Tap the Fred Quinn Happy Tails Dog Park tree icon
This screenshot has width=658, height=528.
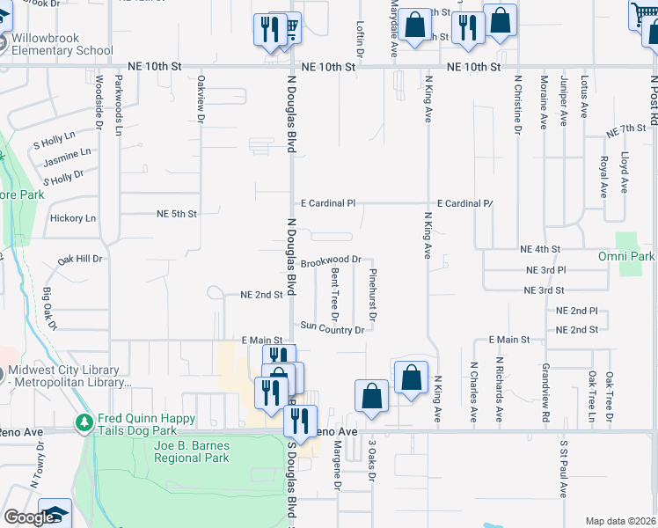click(x=84, y=423)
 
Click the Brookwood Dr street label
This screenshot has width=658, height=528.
click(x=331, y=261)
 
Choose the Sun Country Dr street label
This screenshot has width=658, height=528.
click(x=332, y=327)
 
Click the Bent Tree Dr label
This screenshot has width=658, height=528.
click(x=334, y=295)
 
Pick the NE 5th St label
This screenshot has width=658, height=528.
click(x=176, y=214)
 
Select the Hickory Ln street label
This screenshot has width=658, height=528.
click(x=73, y=218)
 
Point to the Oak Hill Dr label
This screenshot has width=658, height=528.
click(x=80, y=260)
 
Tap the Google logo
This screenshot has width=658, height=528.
click(x=28, y=518)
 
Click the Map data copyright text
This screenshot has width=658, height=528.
click(x=621, y=522)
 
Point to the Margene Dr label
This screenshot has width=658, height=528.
click(x=337, y=466)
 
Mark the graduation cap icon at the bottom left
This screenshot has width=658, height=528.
click(x=55, y=514)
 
